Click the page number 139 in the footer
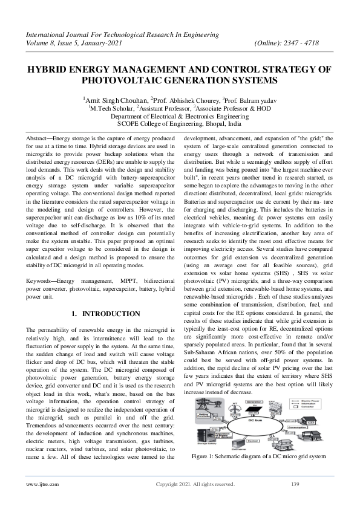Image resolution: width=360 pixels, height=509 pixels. click(295, 501)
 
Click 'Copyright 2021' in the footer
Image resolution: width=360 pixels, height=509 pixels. click(175, 501)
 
